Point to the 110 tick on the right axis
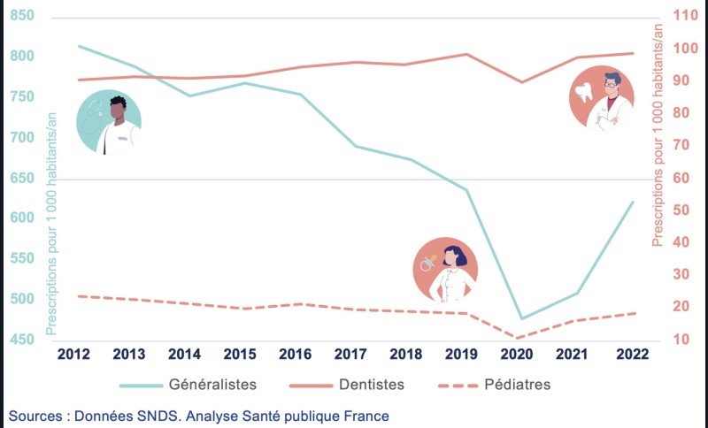point(685,15)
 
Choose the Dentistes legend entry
point(371,385)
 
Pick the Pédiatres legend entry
point(518,385)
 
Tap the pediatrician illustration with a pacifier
point(446,269)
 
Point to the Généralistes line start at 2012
point(79,46)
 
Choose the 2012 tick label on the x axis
point(73,353)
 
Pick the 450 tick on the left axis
point(24,340)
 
